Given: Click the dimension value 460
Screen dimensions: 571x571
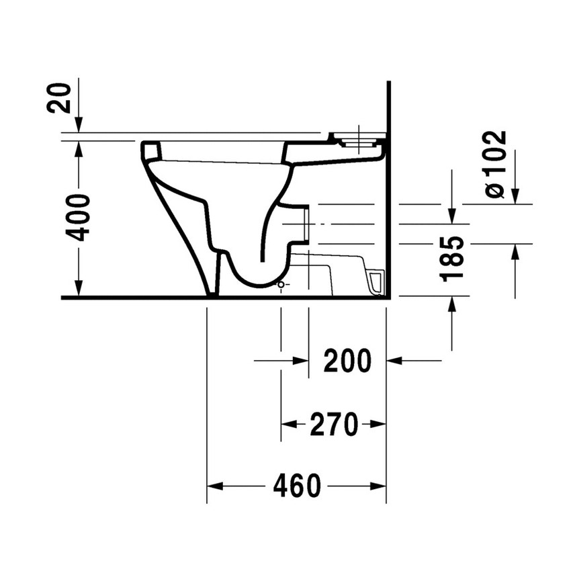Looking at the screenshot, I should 297,486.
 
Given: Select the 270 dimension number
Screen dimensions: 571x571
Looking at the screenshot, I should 333,424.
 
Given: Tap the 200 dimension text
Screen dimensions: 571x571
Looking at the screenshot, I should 347,361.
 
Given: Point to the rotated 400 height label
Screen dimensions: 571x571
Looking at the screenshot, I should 79,217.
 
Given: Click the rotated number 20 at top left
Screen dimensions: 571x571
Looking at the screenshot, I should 60,98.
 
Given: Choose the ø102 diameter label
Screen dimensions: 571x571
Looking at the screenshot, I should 495,165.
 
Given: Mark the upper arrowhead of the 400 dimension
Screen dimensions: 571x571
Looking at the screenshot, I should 79,147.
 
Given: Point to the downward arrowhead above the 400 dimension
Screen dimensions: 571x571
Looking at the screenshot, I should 79,126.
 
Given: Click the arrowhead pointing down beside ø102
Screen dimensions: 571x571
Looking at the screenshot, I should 515,195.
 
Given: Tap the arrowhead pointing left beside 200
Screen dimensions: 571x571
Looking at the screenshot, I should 395,361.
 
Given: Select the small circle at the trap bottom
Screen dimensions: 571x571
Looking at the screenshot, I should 281,285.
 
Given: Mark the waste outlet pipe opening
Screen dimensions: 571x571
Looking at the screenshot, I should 306,224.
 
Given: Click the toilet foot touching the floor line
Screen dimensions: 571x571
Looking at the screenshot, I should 212,293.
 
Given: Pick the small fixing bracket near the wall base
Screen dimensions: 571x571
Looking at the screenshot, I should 375,282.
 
